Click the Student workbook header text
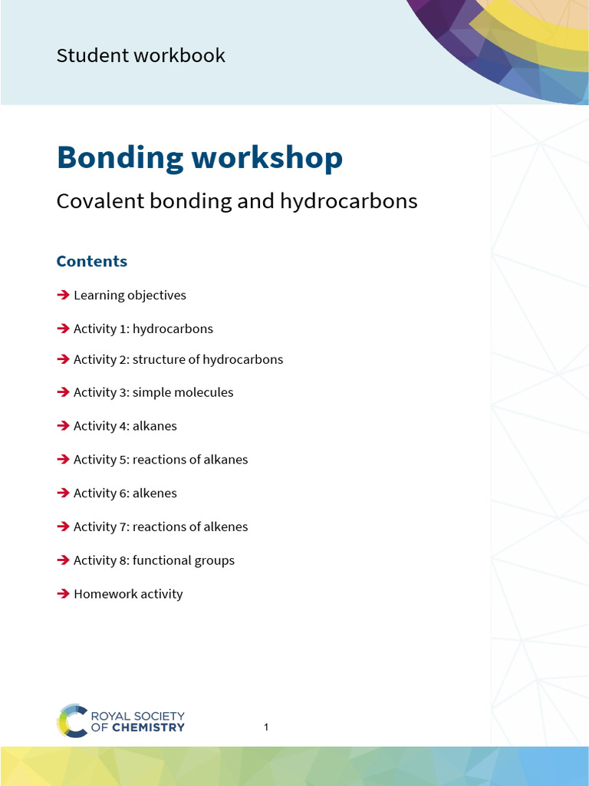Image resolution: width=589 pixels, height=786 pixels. pyautogui.click(x=140, y=56)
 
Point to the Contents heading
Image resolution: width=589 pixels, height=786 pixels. pyautogui.click(x=92, y=261)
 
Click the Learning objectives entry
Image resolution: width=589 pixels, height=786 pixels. pyautogui.click(x=130, y=296)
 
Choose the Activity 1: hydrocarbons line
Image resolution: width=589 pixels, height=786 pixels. pyautogui.click(x=143, y=329)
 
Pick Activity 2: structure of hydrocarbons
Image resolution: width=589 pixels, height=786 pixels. pyautogui.click(x=178, y=360)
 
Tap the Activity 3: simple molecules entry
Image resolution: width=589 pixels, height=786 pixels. pyautogui.click(x=153, y=393)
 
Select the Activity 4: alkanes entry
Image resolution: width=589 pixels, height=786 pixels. pyautogui.click(x=125, y=426)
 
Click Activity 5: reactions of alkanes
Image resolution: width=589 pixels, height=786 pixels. pyautogui.click(x=160, y=460)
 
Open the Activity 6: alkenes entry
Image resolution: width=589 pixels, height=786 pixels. pyautogui.click(x=125, y=494)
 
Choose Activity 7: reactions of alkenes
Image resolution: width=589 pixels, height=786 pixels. pyautogui.click(x=160, y=527)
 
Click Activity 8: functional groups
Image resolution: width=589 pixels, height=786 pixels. pyautogui.click(x=153, y=560)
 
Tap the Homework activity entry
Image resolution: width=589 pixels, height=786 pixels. pyautogui.click(x=128, y=594)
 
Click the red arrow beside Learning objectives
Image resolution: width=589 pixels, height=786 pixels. pyautogui.click(x=63, y=296)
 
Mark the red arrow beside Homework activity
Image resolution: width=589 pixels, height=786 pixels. pyautogui.click(x=63, y=594)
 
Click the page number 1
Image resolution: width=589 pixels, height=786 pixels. pyautogui.click(x=266, y=727)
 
